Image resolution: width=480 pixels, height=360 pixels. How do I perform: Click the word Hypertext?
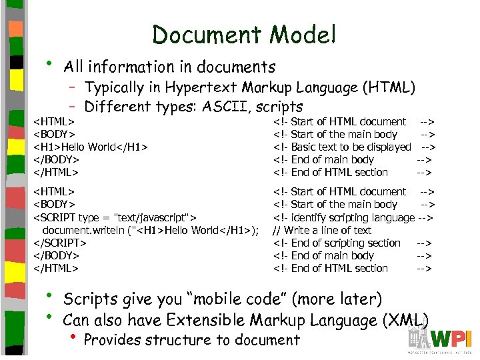[x=201, y=87]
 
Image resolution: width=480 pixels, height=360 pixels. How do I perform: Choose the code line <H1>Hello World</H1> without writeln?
[x=91, y=147]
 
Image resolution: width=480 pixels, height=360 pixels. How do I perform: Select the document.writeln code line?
[x=150, y=230]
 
